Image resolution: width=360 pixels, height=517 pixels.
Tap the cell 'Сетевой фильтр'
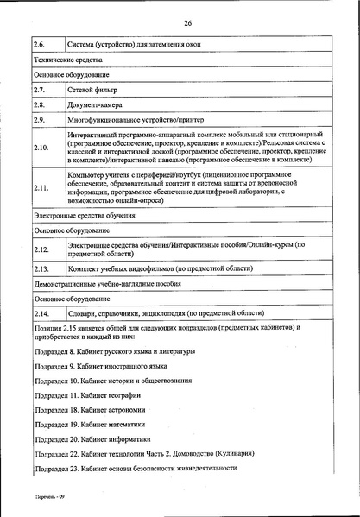tap(92, 89)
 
